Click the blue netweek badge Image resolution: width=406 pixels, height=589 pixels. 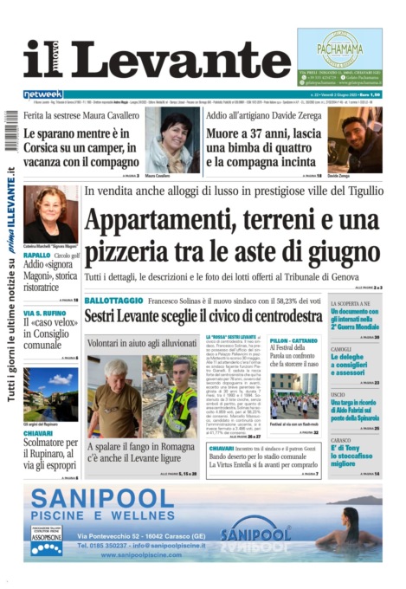click(42, 94)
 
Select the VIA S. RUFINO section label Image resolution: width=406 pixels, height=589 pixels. click(43, 313)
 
